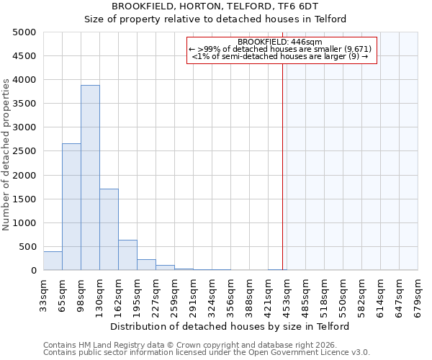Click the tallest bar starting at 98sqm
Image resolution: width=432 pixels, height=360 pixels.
[90, 177]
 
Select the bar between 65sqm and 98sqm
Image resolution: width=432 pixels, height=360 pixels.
[71, 207]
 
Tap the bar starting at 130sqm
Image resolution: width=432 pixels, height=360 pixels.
[109, 229]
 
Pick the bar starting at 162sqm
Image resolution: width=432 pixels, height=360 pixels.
[127, 255]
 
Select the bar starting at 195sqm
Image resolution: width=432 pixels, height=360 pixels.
[146, 264]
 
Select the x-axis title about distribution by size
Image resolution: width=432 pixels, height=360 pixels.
[230, 326]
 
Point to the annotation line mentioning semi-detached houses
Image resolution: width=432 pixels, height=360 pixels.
[282, 56]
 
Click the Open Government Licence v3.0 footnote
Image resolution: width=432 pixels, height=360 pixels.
[207, 352]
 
